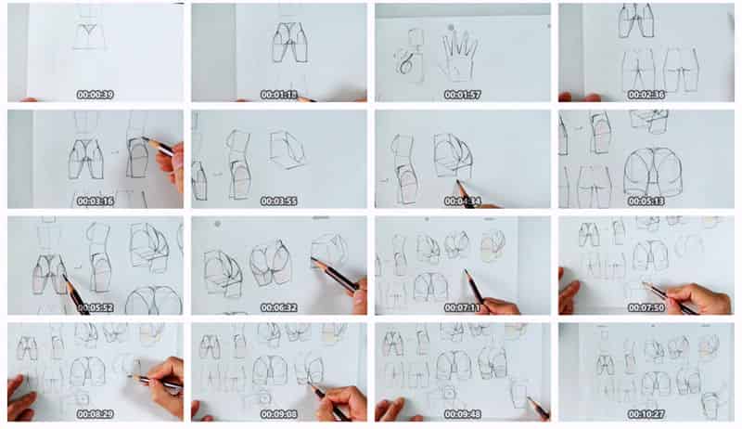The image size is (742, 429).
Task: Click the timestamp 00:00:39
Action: tap(96, 95)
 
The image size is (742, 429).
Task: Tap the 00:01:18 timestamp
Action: tap(279, 95)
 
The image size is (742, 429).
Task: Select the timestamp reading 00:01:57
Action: tap(462, 95)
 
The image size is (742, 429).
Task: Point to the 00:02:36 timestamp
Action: tap(646, 95)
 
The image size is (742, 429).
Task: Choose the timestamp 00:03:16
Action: tap(96, 201)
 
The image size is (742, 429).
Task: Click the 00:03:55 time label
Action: tap(279, 201)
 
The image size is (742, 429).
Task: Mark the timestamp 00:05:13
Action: tap(646, 201)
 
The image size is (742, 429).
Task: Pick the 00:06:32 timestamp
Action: tap(279, 307)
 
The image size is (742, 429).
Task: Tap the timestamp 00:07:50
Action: tap(646, 307)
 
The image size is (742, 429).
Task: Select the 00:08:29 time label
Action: tap(96, 414)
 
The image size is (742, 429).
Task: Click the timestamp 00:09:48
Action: tap(462, 414)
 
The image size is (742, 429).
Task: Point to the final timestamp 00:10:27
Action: tap(646, 414)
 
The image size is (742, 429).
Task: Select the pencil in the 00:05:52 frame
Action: tap(75, 294)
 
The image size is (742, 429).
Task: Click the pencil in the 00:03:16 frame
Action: tap(159, 147)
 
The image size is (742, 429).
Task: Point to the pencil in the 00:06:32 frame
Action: tap(334, 275)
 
